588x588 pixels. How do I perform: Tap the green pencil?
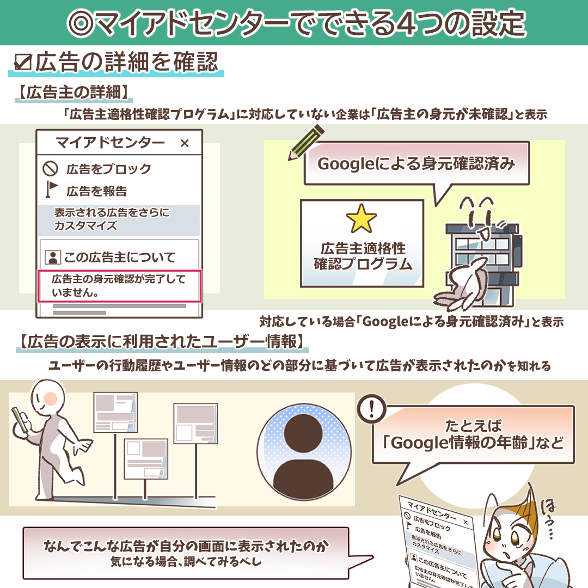point(305,144)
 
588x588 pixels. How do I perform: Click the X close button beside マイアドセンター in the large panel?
point(185,143)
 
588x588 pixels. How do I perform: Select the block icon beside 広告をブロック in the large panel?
point(50,169)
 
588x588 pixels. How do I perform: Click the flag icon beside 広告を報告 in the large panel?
point(51,189)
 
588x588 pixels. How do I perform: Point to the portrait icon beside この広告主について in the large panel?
point(52,257)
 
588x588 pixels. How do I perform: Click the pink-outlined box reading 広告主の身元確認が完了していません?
point(119,286)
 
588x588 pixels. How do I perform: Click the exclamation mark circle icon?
point(371,408)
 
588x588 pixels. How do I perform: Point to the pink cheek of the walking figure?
point(50,397)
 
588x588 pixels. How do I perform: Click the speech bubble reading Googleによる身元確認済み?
point(416,169)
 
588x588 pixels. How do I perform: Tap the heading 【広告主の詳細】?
point(73,92)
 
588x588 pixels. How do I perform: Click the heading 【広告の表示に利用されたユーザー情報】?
point(162,341)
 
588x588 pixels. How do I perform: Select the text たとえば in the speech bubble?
point(473,426)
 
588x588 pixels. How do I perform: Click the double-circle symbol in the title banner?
point(79,23)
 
